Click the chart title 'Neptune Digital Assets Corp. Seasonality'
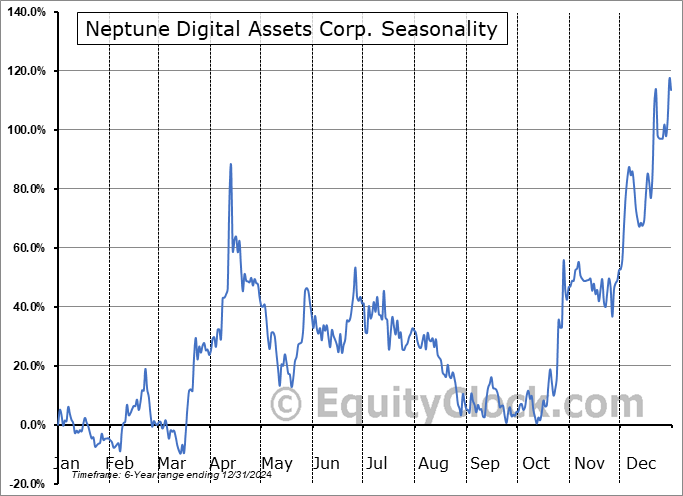click(291, 29)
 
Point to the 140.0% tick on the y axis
click(25, 13)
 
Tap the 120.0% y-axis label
click(25, 72)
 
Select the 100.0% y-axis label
click(25, 131)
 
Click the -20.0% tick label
click(25, 485)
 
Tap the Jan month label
click(65, 464)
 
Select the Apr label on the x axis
click(224, 464)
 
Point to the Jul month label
click(378, 464)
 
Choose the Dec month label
click(640, 464)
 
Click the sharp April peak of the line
click(231, 164)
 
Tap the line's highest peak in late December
click(670, 78)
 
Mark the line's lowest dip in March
click(183, 453)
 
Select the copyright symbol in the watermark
click(286, 404)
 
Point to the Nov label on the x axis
click(589, 464)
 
